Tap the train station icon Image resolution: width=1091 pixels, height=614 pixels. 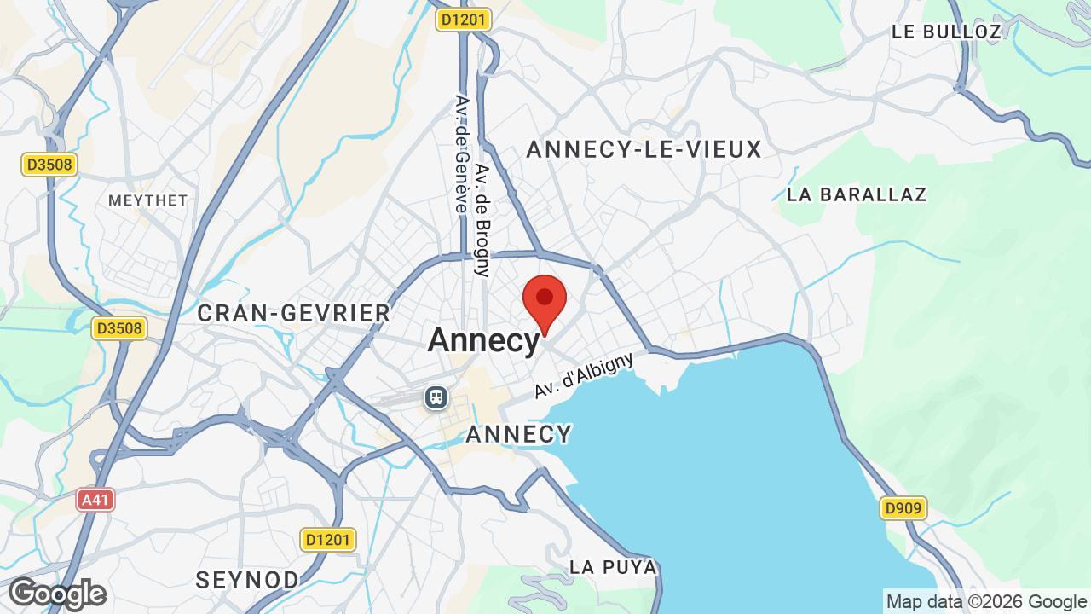click(436, 397)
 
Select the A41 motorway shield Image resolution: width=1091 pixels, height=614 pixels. click(95, 500)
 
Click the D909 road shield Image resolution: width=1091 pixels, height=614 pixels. click(903, 509)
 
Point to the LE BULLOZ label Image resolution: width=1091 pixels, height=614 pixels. click(946, 32)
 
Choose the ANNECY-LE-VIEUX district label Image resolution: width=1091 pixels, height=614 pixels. click(644, 150)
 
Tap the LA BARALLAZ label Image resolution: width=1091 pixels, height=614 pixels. click(857, 194)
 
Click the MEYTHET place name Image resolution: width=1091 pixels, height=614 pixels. click(147, 200)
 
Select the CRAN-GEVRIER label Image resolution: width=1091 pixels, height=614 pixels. click(293, 314)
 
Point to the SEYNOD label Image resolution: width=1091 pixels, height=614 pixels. click(247, 581)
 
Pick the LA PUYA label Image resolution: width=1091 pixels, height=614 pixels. click(613, 567)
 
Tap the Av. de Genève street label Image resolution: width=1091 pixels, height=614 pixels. click(463, 153)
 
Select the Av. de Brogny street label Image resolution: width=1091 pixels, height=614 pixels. click(483, 220)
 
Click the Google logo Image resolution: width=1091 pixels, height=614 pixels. click(57, 594)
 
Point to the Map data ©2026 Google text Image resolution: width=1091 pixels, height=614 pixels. click(986, 602)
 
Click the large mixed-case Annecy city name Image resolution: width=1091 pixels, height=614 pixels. click(483, 340)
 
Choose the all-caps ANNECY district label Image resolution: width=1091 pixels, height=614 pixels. click(518, 435)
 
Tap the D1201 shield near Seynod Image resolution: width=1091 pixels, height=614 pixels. click(328, 540)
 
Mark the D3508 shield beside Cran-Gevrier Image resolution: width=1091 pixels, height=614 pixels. click(118, 328)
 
